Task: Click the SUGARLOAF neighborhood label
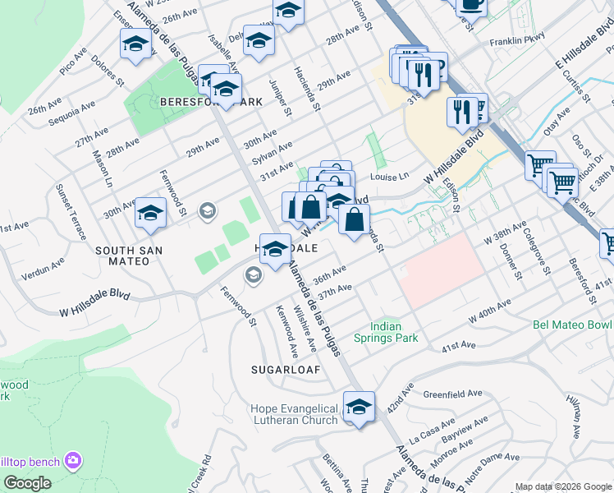click(285, 371)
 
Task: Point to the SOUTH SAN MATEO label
click(128, 256)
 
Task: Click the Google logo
click(27, 483)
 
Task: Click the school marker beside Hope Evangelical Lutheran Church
click(359, 407)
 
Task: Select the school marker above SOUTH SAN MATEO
click(150, 213)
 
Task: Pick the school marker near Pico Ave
click(135, 44)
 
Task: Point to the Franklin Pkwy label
click(517, 39)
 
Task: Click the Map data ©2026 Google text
click(562, 486)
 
